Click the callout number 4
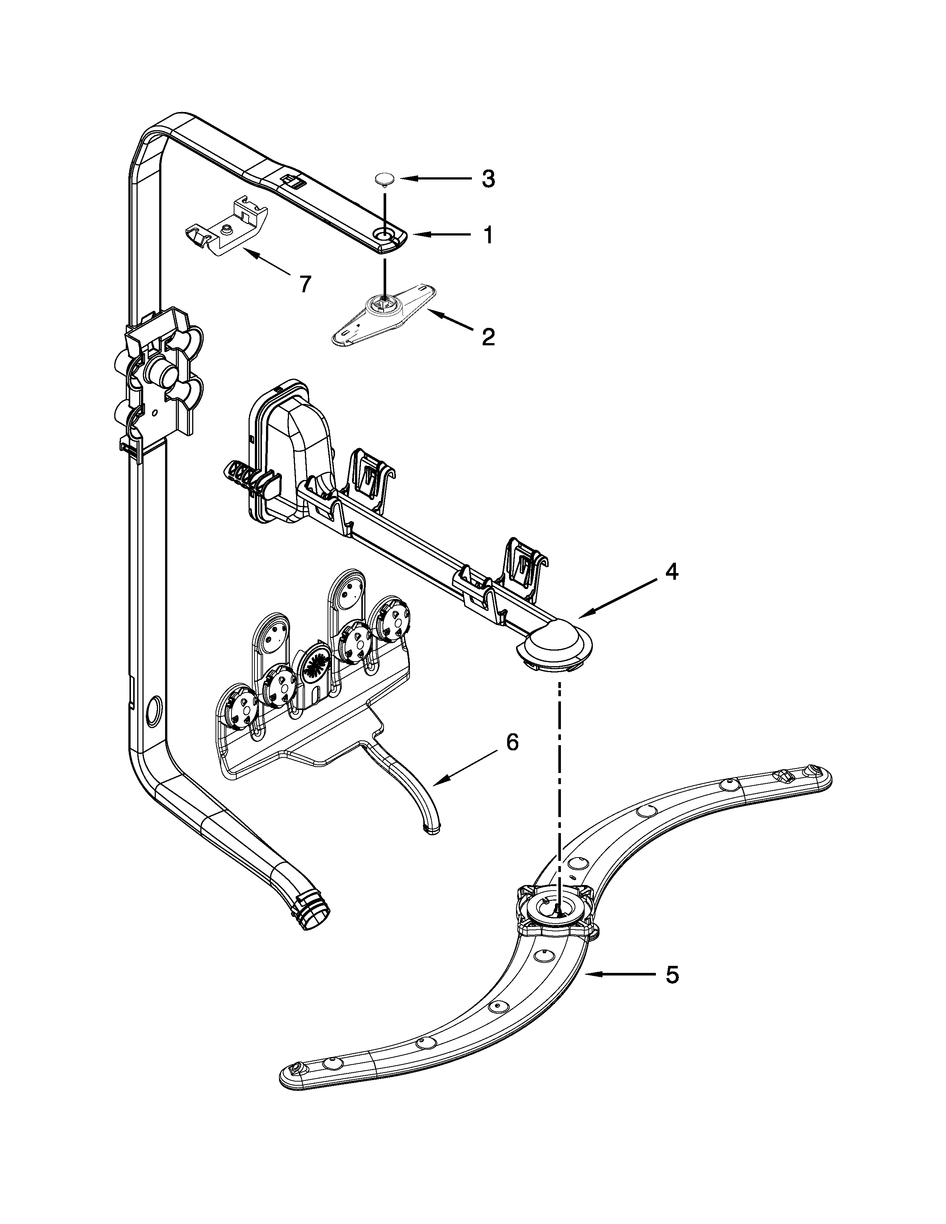671,572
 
